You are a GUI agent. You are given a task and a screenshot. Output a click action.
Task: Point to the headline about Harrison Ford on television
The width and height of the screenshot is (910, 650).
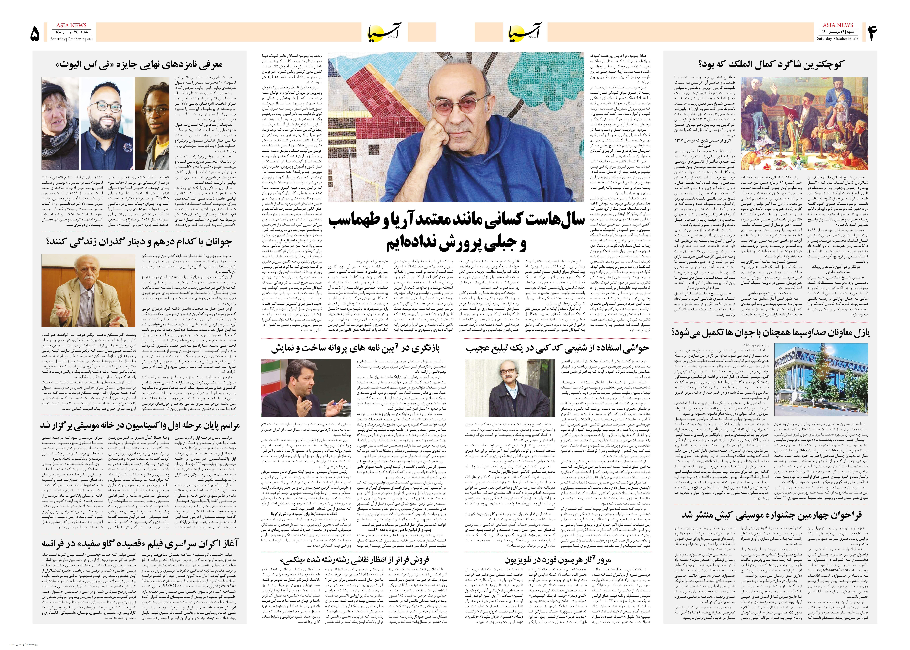point(557,560)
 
